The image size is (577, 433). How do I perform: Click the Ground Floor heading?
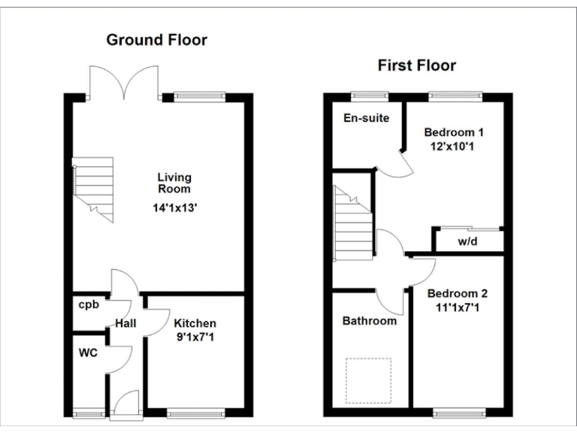pos(156,40)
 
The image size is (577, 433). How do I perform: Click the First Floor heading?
pos(416,65)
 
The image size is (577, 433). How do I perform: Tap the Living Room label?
pos(174,183)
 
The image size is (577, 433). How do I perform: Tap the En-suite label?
pos(366,118)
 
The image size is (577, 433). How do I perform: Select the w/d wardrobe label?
pos(467,242)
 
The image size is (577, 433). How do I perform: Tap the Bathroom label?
pos(369,321)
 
